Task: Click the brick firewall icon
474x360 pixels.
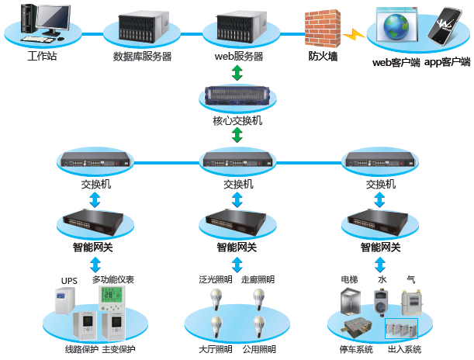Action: click(323, 29)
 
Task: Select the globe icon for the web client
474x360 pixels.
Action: click(396, 26)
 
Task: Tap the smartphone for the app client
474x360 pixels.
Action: click(445, 26)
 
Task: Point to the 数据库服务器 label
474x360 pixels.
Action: click(143, 56)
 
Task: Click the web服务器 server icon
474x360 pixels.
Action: click(241, 26)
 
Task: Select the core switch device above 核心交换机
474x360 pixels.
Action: click(237, 95)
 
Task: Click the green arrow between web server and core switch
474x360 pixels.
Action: click(237, 73)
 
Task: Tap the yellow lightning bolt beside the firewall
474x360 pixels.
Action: click(354, 34)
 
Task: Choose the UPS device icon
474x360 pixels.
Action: click(64, 301)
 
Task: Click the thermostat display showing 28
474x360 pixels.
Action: click(112, 298)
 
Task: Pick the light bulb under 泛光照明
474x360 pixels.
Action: click(216, 299)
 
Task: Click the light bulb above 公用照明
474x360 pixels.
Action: click(259, 327)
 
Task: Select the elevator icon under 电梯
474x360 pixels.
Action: click(351, 301)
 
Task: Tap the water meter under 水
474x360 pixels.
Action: click(381, 303)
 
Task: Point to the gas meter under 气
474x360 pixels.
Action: click(412, 303)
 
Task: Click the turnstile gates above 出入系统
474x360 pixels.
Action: click(401, 328)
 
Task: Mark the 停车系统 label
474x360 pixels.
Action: click(356, 349)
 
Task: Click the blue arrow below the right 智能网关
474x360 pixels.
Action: click(380, 265)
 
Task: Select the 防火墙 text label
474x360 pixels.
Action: click(323, 56)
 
